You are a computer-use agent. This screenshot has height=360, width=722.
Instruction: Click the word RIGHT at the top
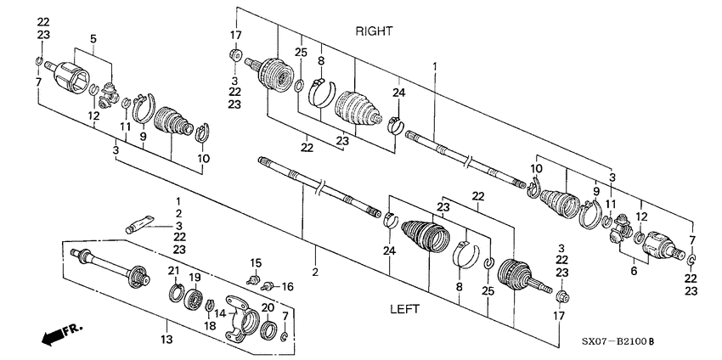pyautogui.click(x=374, y=31)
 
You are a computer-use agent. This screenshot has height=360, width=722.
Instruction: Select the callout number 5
pyautogui.click(x=94, y=38)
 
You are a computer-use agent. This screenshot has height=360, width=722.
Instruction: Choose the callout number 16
pyautogui.click(x=286, y=287)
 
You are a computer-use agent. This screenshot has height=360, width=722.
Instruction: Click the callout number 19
pyautogui.click(x=195, y=278)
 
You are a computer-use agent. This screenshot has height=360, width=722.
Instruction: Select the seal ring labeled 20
pyautogui.click(x=268, y=329)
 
